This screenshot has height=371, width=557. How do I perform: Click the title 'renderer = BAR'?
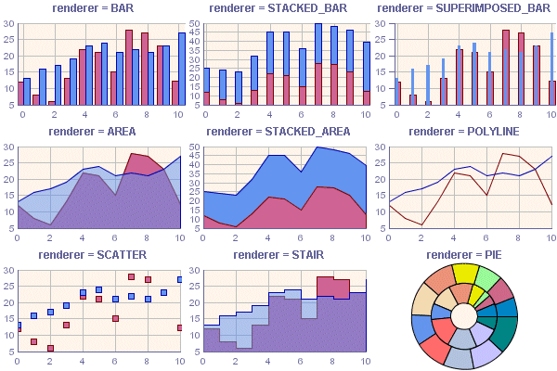point(97,7)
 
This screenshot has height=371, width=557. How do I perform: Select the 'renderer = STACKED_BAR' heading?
point(283,7)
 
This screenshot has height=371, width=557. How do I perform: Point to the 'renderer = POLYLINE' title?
point(463,132)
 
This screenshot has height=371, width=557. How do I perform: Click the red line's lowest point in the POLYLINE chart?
point(421,225)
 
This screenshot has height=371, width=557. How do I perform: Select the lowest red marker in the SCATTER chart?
point(50,349)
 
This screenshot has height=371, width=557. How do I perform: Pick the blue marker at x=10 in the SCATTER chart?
point(180,279)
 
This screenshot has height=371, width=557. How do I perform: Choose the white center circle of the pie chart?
point(464,317)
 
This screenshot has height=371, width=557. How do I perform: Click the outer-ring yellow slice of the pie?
point(464,274)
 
